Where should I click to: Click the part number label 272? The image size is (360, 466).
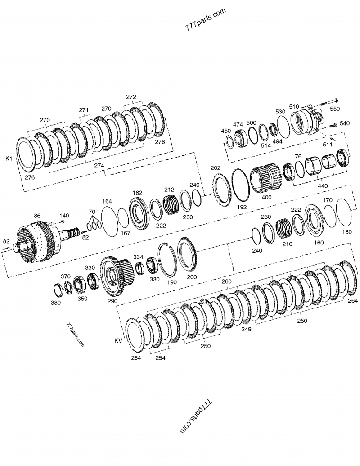tap(131, 97)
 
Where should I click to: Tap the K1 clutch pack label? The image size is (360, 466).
tap(9, 158)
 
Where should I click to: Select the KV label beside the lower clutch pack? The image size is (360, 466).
tap(118, 341)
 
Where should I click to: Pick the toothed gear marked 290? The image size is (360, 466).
tap(116, 275)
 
